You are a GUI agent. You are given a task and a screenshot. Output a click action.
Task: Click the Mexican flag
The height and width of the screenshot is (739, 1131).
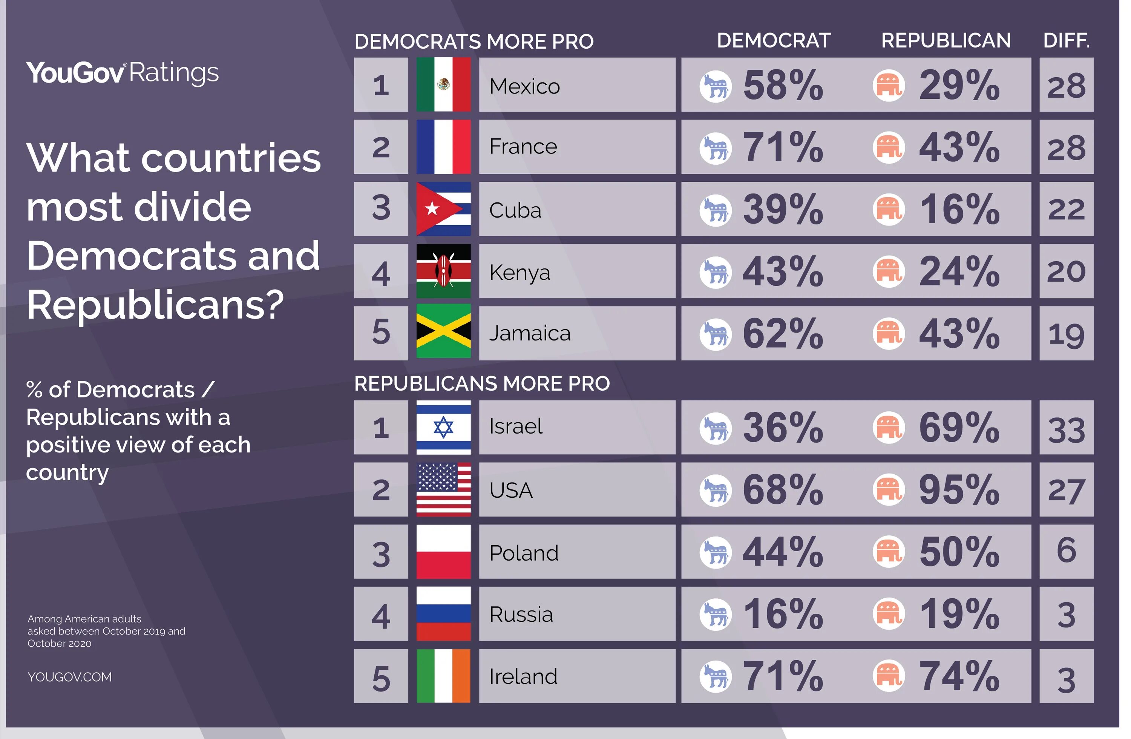point(443,84)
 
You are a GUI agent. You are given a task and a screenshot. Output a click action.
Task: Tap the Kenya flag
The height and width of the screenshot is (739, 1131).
point(443,271)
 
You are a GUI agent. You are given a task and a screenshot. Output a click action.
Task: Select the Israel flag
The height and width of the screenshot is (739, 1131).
point(443,427)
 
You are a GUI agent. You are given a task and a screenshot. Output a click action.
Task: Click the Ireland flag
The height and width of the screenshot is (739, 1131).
point(443,676)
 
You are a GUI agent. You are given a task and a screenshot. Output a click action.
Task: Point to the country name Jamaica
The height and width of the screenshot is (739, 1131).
point(530,333)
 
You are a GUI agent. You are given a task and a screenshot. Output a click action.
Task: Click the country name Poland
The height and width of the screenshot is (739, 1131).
point(524,553)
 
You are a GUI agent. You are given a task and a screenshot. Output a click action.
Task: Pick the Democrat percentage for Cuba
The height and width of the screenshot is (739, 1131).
point(783,209)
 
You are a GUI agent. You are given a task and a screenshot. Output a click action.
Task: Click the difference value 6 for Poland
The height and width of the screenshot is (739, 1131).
point(1067,550)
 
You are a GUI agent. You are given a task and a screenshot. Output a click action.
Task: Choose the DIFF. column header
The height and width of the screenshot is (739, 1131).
point(1067,40)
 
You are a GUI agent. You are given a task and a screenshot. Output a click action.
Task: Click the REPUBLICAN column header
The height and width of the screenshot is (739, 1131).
point(946,40)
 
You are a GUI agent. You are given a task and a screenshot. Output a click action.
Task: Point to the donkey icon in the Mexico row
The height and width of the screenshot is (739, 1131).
point(715,86)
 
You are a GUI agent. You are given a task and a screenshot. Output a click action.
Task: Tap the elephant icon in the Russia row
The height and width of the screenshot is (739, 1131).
point(889,614)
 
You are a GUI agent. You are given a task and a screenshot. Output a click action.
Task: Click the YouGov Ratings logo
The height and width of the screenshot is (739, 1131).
point(122,73)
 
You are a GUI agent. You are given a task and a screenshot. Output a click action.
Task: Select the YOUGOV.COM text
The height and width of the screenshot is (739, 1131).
point(70,677)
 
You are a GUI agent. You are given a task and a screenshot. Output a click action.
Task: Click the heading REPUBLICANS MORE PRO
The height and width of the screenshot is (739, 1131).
point(482,383)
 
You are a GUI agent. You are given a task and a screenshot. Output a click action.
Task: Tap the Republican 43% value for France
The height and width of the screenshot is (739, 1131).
point(959,147)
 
